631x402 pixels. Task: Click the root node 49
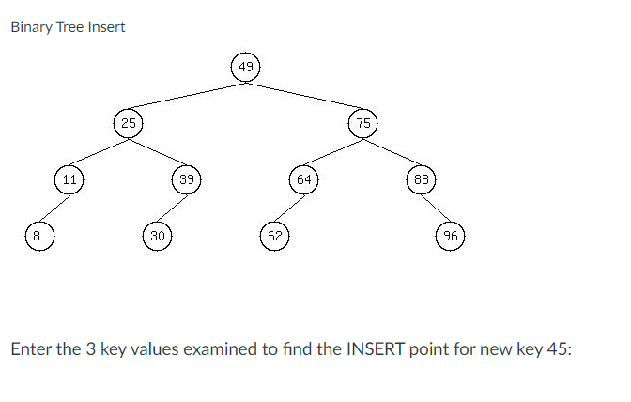(x=245, y=67)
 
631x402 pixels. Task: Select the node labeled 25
(x=128, y=122)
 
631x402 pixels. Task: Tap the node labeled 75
(x=363, y=122)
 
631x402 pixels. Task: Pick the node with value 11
(x=69, y=178)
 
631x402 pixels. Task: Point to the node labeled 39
(x=186, y=178)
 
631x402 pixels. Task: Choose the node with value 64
(x=304, y=178)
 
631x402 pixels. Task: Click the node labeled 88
(x=422, y=178)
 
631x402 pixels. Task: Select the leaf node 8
(x=38, y=235)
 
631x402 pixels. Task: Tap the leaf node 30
(x=157, y=235)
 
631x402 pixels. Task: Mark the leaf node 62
(x=274, y=235)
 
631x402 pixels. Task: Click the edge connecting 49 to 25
(x=186, y=95)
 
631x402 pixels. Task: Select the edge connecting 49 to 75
(x=304, y=95)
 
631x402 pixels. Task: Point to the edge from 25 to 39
(x=157, y=149)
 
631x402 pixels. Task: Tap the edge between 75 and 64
(x=333, y=150)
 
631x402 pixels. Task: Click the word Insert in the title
(x=106, y=26)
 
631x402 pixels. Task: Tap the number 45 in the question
(x=558, y=349)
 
